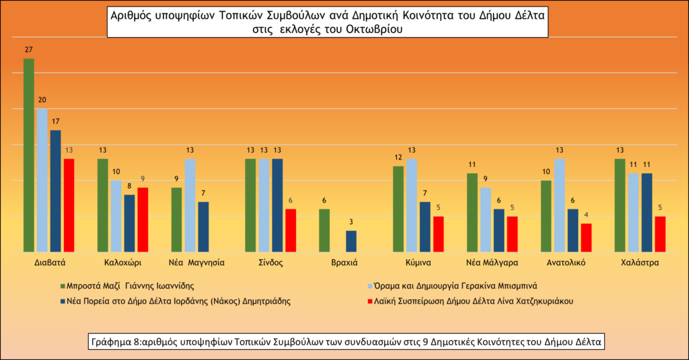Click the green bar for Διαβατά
[29, 155]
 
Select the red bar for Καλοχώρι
[143, 219]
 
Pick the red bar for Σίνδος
[291, 229]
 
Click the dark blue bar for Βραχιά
[351, 240]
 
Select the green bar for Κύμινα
[398, 208]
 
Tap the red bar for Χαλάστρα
[660, 233]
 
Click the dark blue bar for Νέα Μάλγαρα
[499, 229]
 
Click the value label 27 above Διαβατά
[29, 50]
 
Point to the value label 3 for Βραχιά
[351, 222]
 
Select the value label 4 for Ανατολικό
[586, 215]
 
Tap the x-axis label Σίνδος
[270, 262]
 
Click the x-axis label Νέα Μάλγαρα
[492, 262]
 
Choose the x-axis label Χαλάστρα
[640, 262]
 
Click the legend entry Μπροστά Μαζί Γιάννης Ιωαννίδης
[128, 285]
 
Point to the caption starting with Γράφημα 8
[346, 342]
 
